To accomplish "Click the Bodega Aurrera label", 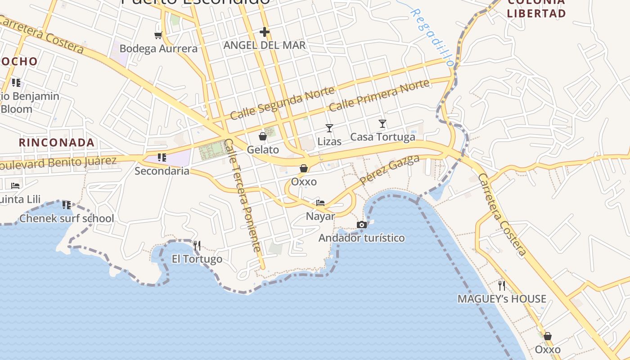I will coord(158,49).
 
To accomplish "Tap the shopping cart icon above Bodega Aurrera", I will coord(158,35).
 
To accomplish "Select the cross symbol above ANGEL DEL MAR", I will coord(265,32).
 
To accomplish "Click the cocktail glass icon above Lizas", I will coord(329,128).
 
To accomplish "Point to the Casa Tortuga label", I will coord(382,137).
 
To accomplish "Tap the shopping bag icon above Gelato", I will coord(263,136).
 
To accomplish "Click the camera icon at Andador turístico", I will coord(361,225).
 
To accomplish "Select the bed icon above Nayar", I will coord(320,202).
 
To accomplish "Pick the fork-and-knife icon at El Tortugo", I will coord(197,246).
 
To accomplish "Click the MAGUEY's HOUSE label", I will coord(502,299).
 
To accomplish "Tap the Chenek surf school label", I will coord(67,219).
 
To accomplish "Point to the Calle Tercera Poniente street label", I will coord(243,195).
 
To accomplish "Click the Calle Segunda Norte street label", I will coord(283,103).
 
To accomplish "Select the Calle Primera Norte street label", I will coord(379,95).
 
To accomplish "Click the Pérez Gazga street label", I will coord(390,169).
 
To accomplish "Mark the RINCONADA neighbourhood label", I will coord(57,143).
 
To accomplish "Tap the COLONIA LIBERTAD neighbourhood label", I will coord(536,8).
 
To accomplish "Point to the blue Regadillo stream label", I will coord(432,38).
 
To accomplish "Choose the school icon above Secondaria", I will coord(162,157).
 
